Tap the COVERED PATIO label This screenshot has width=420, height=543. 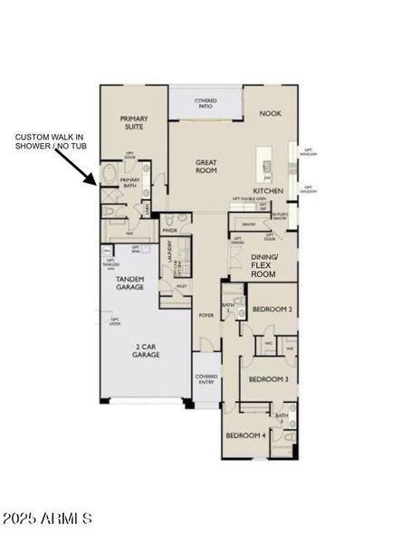coord(205,102)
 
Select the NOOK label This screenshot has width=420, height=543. coord(270,114)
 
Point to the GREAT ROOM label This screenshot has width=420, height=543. coord(206,167)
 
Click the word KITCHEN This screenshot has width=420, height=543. coord(269,191)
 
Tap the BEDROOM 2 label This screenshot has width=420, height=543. coord(271,310)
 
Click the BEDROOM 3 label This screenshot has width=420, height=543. coord(268,379)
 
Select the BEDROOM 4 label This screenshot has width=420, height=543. coord(245,435)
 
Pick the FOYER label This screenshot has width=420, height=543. coord(205,315)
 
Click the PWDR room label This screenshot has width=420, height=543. coord(168,231)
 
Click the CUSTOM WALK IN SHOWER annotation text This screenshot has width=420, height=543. coord(51,141)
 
